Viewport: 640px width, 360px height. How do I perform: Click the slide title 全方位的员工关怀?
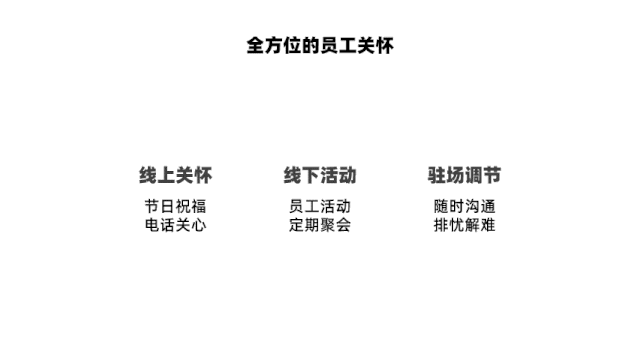[x=320, y=46]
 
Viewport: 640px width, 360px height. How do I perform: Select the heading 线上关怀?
[x=176, y=175]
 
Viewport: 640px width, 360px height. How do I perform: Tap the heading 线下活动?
[x=320, y=175]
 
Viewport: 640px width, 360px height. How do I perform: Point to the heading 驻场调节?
[x=464, y=175]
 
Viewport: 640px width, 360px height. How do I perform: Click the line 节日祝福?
[x=176, y=206]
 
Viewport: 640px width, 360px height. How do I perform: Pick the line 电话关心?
[x=176, y=225]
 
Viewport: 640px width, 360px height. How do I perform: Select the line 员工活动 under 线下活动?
[x=320, y=206]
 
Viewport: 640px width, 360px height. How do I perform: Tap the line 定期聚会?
[x=320, y=225]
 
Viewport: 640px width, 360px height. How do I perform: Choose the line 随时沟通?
[x=464, y=206]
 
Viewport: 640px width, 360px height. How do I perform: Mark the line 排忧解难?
[x=464, y=225]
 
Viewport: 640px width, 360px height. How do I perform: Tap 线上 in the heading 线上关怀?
[x=157, y=175]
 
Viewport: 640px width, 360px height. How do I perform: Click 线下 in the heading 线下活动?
[x=301, y=175]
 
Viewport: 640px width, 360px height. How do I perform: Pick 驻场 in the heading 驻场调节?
[x=445, y=175]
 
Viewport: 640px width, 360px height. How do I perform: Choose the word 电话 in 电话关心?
[x=160, y=225]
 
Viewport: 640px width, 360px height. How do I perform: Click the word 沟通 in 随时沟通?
[x=480, y=206]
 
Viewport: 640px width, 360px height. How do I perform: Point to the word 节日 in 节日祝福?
[x=160, y=206]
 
